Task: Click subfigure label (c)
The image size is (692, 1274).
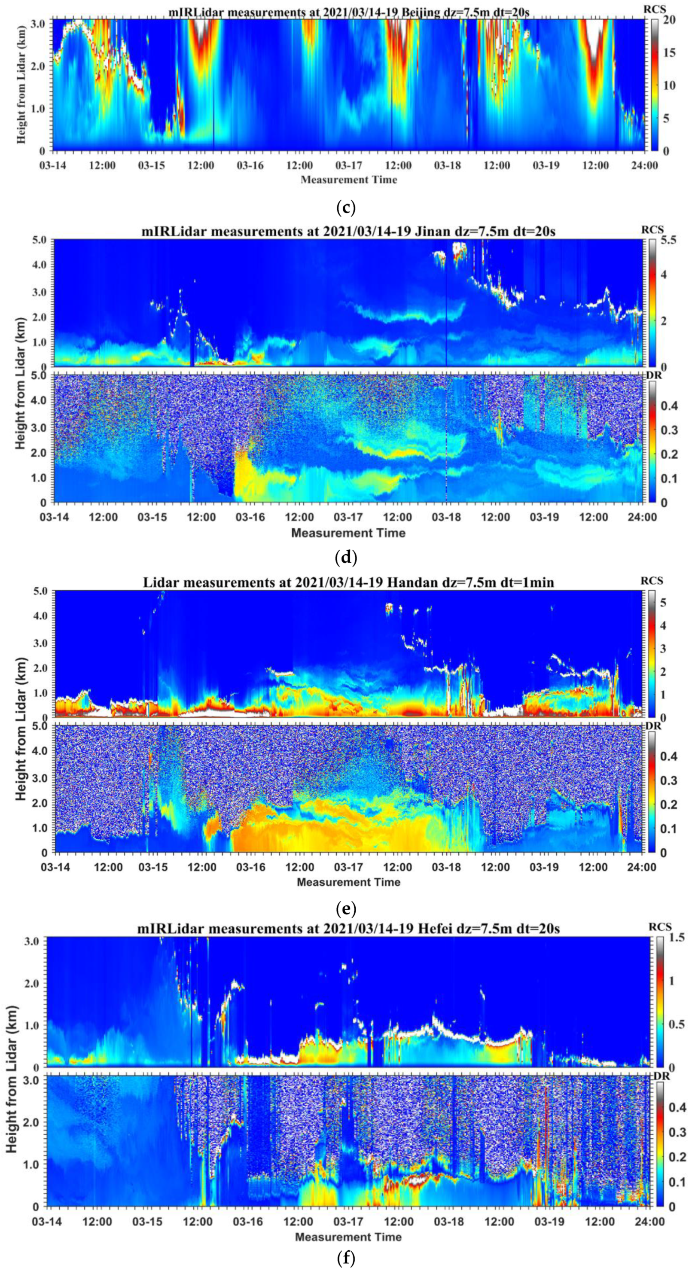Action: (346, 208)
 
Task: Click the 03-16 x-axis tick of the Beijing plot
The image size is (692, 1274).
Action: (251, 166)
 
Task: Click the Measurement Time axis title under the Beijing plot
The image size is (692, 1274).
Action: (349, 180)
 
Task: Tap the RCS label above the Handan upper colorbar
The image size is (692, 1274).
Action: (652, 581)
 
